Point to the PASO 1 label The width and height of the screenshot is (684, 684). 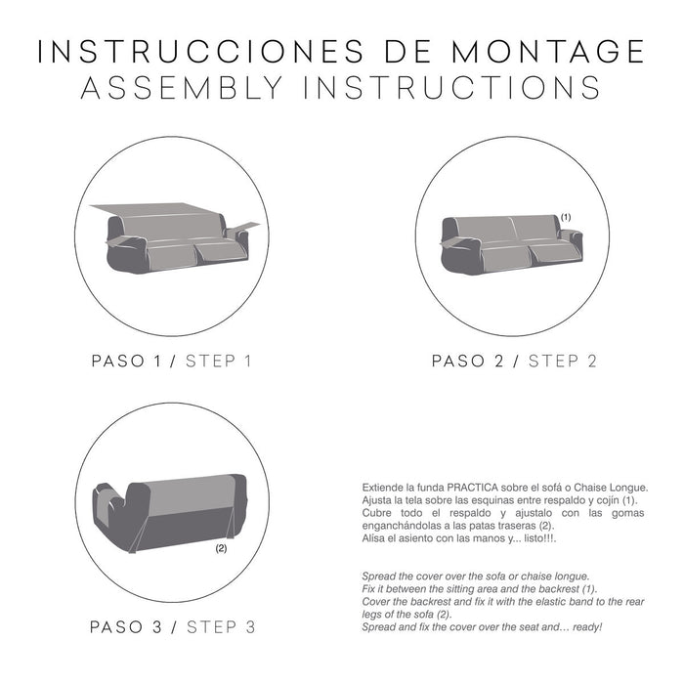tap(126, 361)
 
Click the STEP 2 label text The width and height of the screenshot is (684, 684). tap(563, 361)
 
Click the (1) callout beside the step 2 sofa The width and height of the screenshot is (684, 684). tap(565, 216)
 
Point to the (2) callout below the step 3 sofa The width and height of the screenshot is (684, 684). tap(220, 549)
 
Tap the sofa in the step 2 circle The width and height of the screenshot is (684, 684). tap(511, 244)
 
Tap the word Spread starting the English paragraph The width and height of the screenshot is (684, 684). tap(380, 576)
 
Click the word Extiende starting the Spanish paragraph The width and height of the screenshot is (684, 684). tap(384, 487)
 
